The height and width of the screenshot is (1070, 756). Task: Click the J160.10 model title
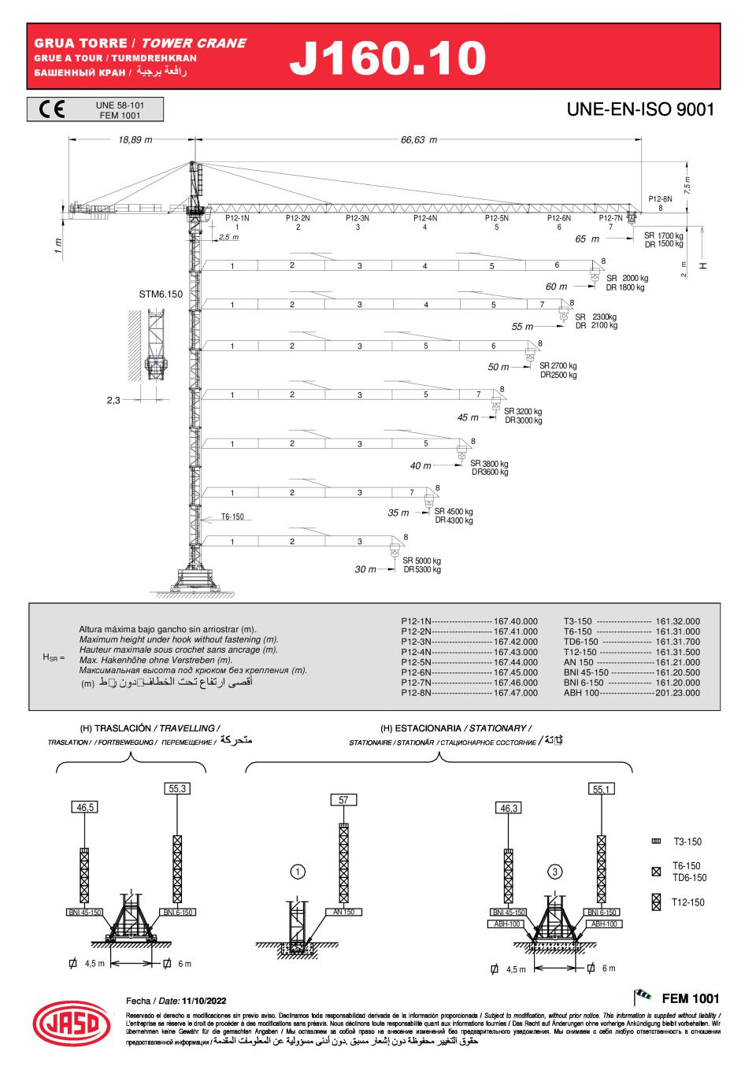click(387, 57)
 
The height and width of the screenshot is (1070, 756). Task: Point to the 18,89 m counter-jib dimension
click(135, 139)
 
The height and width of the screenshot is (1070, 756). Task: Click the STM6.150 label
click(161, 294)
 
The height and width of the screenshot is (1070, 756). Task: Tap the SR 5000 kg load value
click(422, 561)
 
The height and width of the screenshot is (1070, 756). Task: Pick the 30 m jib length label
click(365, 569)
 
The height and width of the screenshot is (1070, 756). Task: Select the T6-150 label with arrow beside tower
click(232, 516)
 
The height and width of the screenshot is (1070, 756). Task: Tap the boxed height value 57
click(343, 800)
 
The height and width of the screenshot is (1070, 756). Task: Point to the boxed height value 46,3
click(509, 808)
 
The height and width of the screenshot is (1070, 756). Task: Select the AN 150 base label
click(343, 912)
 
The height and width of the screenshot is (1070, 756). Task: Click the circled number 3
click(555, 872)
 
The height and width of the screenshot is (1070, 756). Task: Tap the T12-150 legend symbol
click(656, 902)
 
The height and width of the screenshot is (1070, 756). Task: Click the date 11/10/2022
click(204, 1000)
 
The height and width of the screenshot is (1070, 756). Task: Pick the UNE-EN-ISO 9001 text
click(640, 109)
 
